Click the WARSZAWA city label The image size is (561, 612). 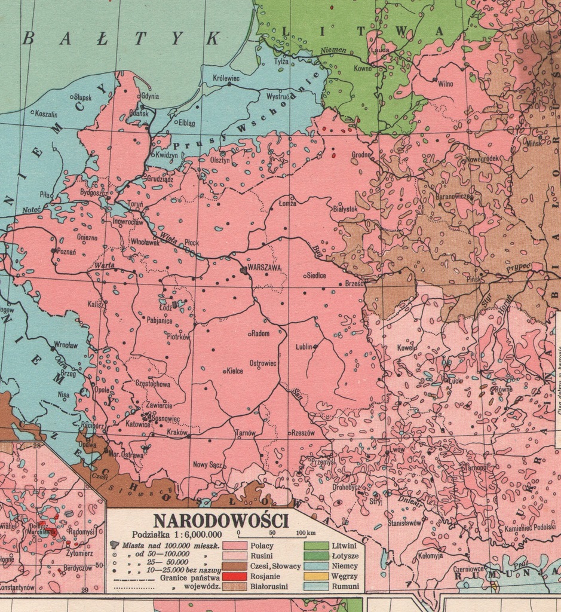pos(263,268)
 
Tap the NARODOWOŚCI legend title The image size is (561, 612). pos(221,520)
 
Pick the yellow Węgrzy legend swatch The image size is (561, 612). pos(316,576)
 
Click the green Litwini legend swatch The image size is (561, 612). pos(316,545)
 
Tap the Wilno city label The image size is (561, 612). pos(445,84)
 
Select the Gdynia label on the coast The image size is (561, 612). pos(149,96)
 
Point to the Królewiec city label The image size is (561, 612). pos(226,78)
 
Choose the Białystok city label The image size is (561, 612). pos(345,209)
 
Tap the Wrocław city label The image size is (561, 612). pos(66,345)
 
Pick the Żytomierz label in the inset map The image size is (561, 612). pos(81,553)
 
